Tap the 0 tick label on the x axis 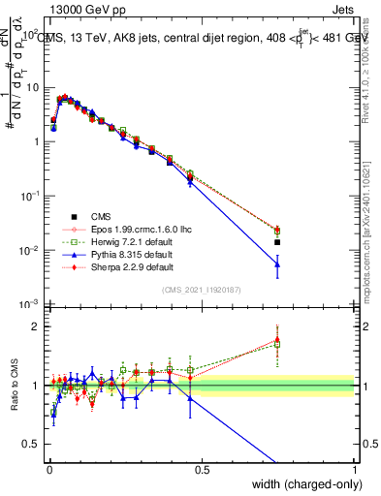tap(48, 469)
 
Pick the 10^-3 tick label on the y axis tap(27, 304)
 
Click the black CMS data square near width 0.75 tap(277, 242)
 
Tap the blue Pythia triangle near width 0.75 tap(277, 263)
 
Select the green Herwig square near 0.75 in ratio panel tap(277, 344)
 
